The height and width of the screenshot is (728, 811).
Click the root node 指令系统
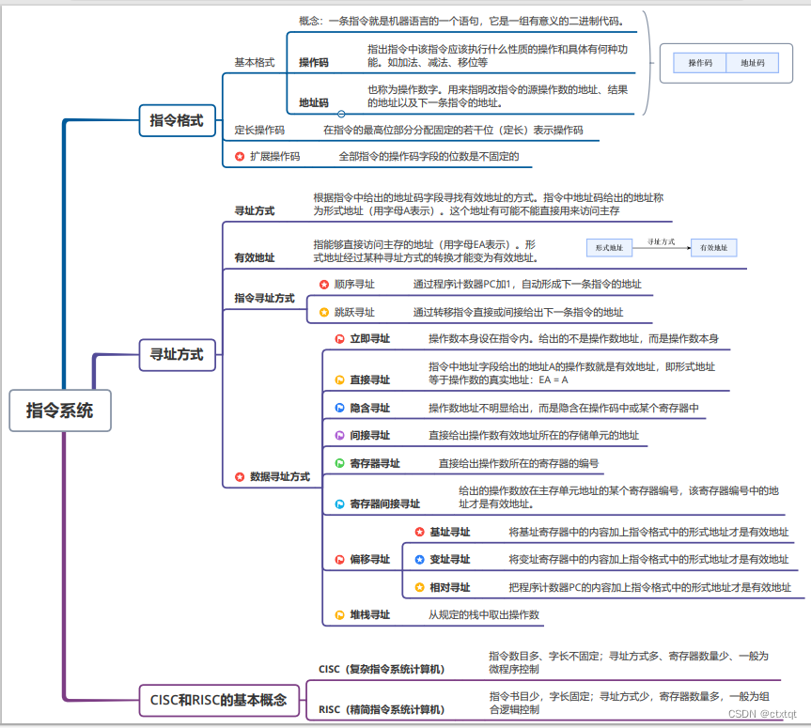(x=59, y=410)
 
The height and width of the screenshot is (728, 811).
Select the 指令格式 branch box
(x=177, y=120)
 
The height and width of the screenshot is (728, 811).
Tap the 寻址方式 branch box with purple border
(x=177, y=354)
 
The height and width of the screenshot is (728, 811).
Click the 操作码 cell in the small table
(x=700, y=64)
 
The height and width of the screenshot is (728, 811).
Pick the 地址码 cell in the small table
(x=753, y=64)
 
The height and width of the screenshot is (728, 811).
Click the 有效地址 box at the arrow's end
(x=713, y=248)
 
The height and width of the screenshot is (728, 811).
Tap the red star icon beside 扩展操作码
(x=240, y=157)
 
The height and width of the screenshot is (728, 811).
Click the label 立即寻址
(x=369, y=338)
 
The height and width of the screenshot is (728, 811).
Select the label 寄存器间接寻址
(x=384, y=503)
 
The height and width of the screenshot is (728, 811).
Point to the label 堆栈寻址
(x=369, y=614)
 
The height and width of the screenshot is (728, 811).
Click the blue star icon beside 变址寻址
(x=420, y=560)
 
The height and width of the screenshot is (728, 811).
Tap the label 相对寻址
(x=449, y=587)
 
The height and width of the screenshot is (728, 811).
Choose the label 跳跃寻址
(x=354, y=312)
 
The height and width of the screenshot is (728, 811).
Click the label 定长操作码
(x=259, y=131)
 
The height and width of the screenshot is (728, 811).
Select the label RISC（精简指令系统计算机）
(x=382, y=709)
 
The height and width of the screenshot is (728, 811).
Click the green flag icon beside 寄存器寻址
(x=340, y=463)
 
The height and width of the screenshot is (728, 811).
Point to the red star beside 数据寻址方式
(x=240, y=477)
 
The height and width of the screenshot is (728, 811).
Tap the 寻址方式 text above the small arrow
(x=662, y=241)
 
